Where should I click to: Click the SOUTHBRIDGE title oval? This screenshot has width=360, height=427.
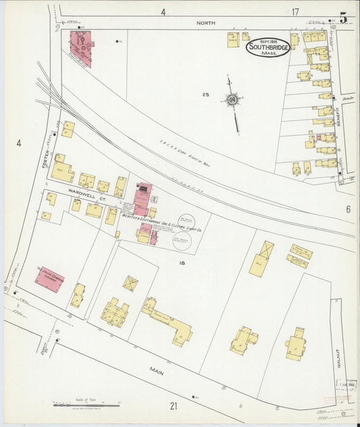click(x=268, y=47)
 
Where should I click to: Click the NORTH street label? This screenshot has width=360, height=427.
click(x=206, y=23)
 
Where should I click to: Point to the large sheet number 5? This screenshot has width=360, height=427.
click(x=343, y=18)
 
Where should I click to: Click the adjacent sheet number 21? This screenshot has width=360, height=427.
click(x=174, y=405)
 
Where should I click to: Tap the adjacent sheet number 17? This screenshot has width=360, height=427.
click(x=295, y=11)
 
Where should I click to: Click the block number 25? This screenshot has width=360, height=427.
click(x=205, y=95)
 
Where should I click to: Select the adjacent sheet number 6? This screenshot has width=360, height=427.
click(x=349, y=209)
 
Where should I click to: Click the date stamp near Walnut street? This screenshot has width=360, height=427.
click(x=347, y=384)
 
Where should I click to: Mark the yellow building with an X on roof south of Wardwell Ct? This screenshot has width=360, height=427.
click(x=130, y=283)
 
